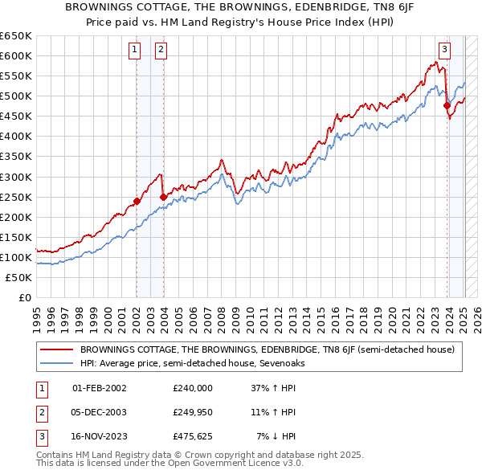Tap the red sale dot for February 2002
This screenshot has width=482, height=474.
pos(137,201)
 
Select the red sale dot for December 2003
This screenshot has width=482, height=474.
pos(163,197)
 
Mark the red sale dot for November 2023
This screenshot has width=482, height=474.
pos(447,105)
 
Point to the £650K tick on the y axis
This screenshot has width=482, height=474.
pos(16,36)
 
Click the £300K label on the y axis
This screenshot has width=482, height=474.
pos(16,177)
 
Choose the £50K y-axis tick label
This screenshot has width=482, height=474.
pos(19,277)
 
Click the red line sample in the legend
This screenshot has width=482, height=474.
pos(57,349)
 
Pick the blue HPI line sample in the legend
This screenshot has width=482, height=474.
pos(57,362)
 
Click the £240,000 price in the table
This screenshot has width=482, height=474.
pos(193,388)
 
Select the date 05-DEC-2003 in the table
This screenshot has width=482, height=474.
pos(100,412)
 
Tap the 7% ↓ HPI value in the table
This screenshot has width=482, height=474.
pos(276,436)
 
